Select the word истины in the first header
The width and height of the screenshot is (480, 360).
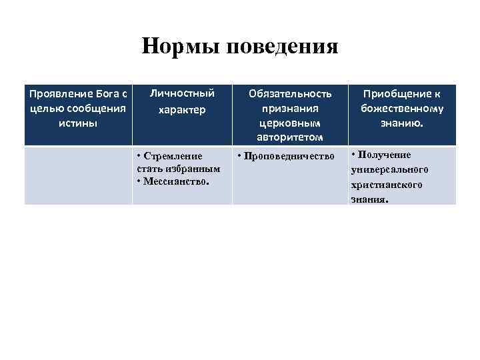[78, 123]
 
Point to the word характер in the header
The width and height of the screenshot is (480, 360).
[182, 109]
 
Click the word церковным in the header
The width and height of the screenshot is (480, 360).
[290, 123]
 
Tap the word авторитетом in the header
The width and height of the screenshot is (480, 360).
[290, 137]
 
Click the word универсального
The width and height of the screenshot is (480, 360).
[390, 170]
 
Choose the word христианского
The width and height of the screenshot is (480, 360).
[387, 185]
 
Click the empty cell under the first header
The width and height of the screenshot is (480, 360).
[78, 175]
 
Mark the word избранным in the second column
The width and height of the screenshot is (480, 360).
[193, 168]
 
